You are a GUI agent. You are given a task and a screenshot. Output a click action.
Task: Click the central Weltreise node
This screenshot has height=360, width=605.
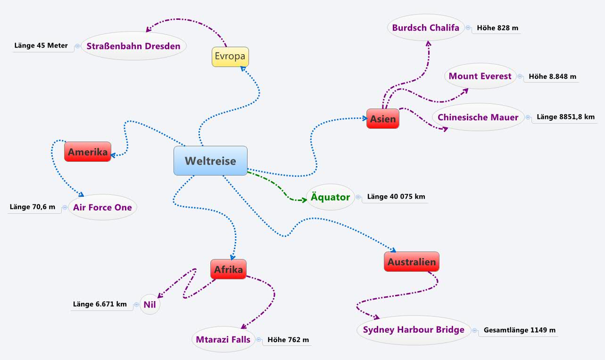[x=210, y=161]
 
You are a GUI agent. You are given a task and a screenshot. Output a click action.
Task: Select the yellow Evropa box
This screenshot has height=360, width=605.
[x=230, y=57]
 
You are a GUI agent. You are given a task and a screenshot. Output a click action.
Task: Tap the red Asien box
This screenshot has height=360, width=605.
[x=383, y=119]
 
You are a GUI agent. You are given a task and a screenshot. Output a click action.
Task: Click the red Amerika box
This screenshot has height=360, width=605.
[x=88, y=152]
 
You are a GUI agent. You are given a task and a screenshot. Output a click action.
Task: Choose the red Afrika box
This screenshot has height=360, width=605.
[x=228, y=269]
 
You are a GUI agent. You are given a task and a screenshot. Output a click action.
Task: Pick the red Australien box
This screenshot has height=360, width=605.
[x=412, y=262]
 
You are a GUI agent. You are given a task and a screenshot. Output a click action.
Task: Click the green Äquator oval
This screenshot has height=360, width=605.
[x=330, y=197]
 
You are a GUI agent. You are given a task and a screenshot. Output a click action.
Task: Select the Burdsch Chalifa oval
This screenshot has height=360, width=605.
[x=426, y=28]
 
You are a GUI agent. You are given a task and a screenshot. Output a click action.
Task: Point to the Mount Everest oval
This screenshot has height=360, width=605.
[x=480, y=76]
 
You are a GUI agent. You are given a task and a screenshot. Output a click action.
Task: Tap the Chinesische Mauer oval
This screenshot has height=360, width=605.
[x=478, y=117]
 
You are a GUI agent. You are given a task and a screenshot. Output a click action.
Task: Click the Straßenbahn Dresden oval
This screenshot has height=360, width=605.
[x=133, y=46]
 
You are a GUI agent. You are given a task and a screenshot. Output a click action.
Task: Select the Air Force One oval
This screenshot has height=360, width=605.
[x=102, y=208]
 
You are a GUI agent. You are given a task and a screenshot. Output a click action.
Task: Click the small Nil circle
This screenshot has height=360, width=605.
[x=149, y=305]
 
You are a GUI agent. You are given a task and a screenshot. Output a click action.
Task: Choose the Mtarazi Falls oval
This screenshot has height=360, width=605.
[x=224, y=340]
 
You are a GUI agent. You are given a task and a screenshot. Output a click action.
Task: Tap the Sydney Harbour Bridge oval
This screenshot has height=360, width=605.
[x=414, y=330]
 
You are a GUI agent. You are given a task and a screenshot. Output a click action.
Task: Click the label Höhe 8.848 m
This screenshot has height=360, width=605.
[x=552, y=76]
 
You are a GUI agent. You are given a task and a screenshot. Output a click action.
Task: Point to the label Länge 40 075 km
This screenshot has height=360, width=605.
[x=396, y=197]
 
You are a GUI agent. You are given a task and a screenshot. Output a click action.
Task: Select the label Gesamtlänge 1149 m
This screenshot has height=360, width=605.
[x=519, y=330]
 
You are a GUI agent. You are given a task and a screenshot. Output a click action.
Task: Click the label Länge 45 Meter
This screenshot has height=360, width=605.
[x=41, y=46]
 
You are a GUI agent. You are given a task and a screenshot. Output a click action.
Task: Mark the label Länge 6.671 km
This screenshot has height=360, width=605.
[x=100, y=304]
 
